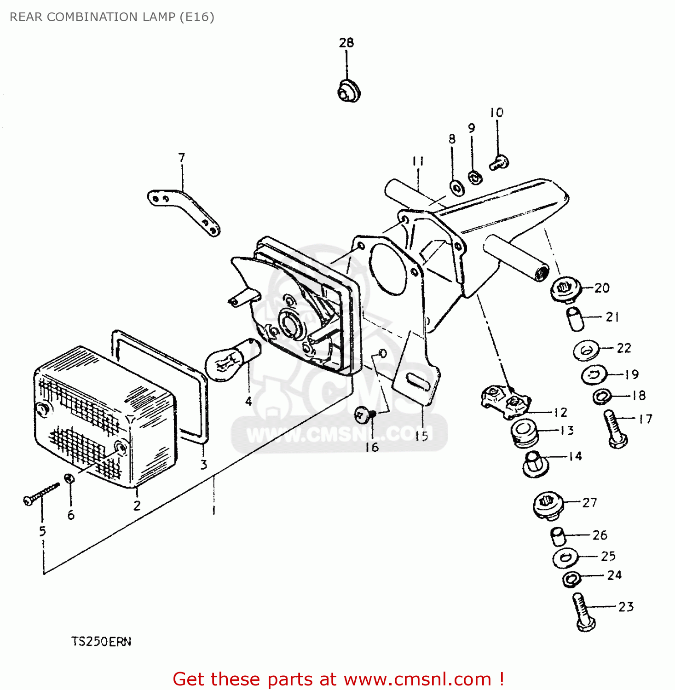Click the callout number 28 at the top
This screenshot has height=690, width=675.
[x=346, y=43]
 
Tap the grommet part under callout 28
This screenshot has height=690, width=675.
[x=349, y=91]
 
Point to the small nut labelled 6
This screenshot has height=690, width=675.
[x=70, y=478]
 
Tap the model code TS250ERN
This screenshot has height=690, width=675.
[x=101, y=642]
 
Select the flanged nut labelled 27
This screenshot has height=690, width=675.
[x=548, y=505]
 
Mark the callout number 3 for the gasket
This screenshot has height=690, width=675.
[x=203, y=465]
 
